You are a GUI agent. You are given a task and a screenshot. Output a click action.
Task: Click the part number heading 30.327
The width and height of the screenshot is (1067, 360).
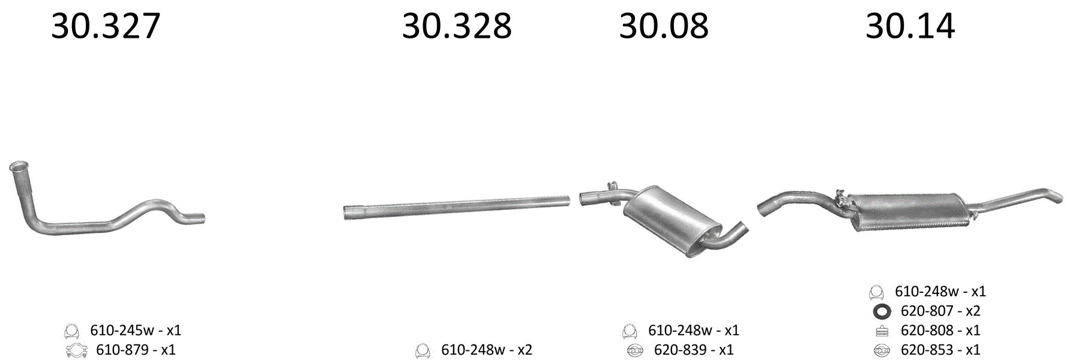coord(106,26)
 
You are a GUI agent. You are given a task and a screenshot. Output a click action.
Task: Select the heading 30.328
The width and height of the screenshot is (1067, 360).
coord(457,26)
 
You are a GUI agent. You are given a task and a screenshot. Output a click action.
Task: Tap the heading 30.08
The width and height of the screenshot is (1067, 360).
coord(664,26)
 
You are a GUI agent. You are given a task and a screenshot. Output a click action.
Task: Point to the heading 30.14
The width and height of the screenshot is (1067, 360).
coord(910,26)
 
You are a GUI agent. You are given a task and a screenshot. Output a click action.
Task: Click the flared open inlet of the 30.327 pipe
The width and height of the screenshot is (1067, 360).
coord(19,167)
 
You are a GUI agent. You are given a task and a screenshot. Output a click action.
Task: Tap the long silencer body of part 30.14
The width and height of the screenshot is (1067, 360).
coord(909,212)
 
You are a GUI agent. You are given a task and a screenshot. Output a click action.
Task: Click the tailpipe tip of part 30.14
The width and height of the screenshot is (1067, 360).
coord(1057,196)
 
